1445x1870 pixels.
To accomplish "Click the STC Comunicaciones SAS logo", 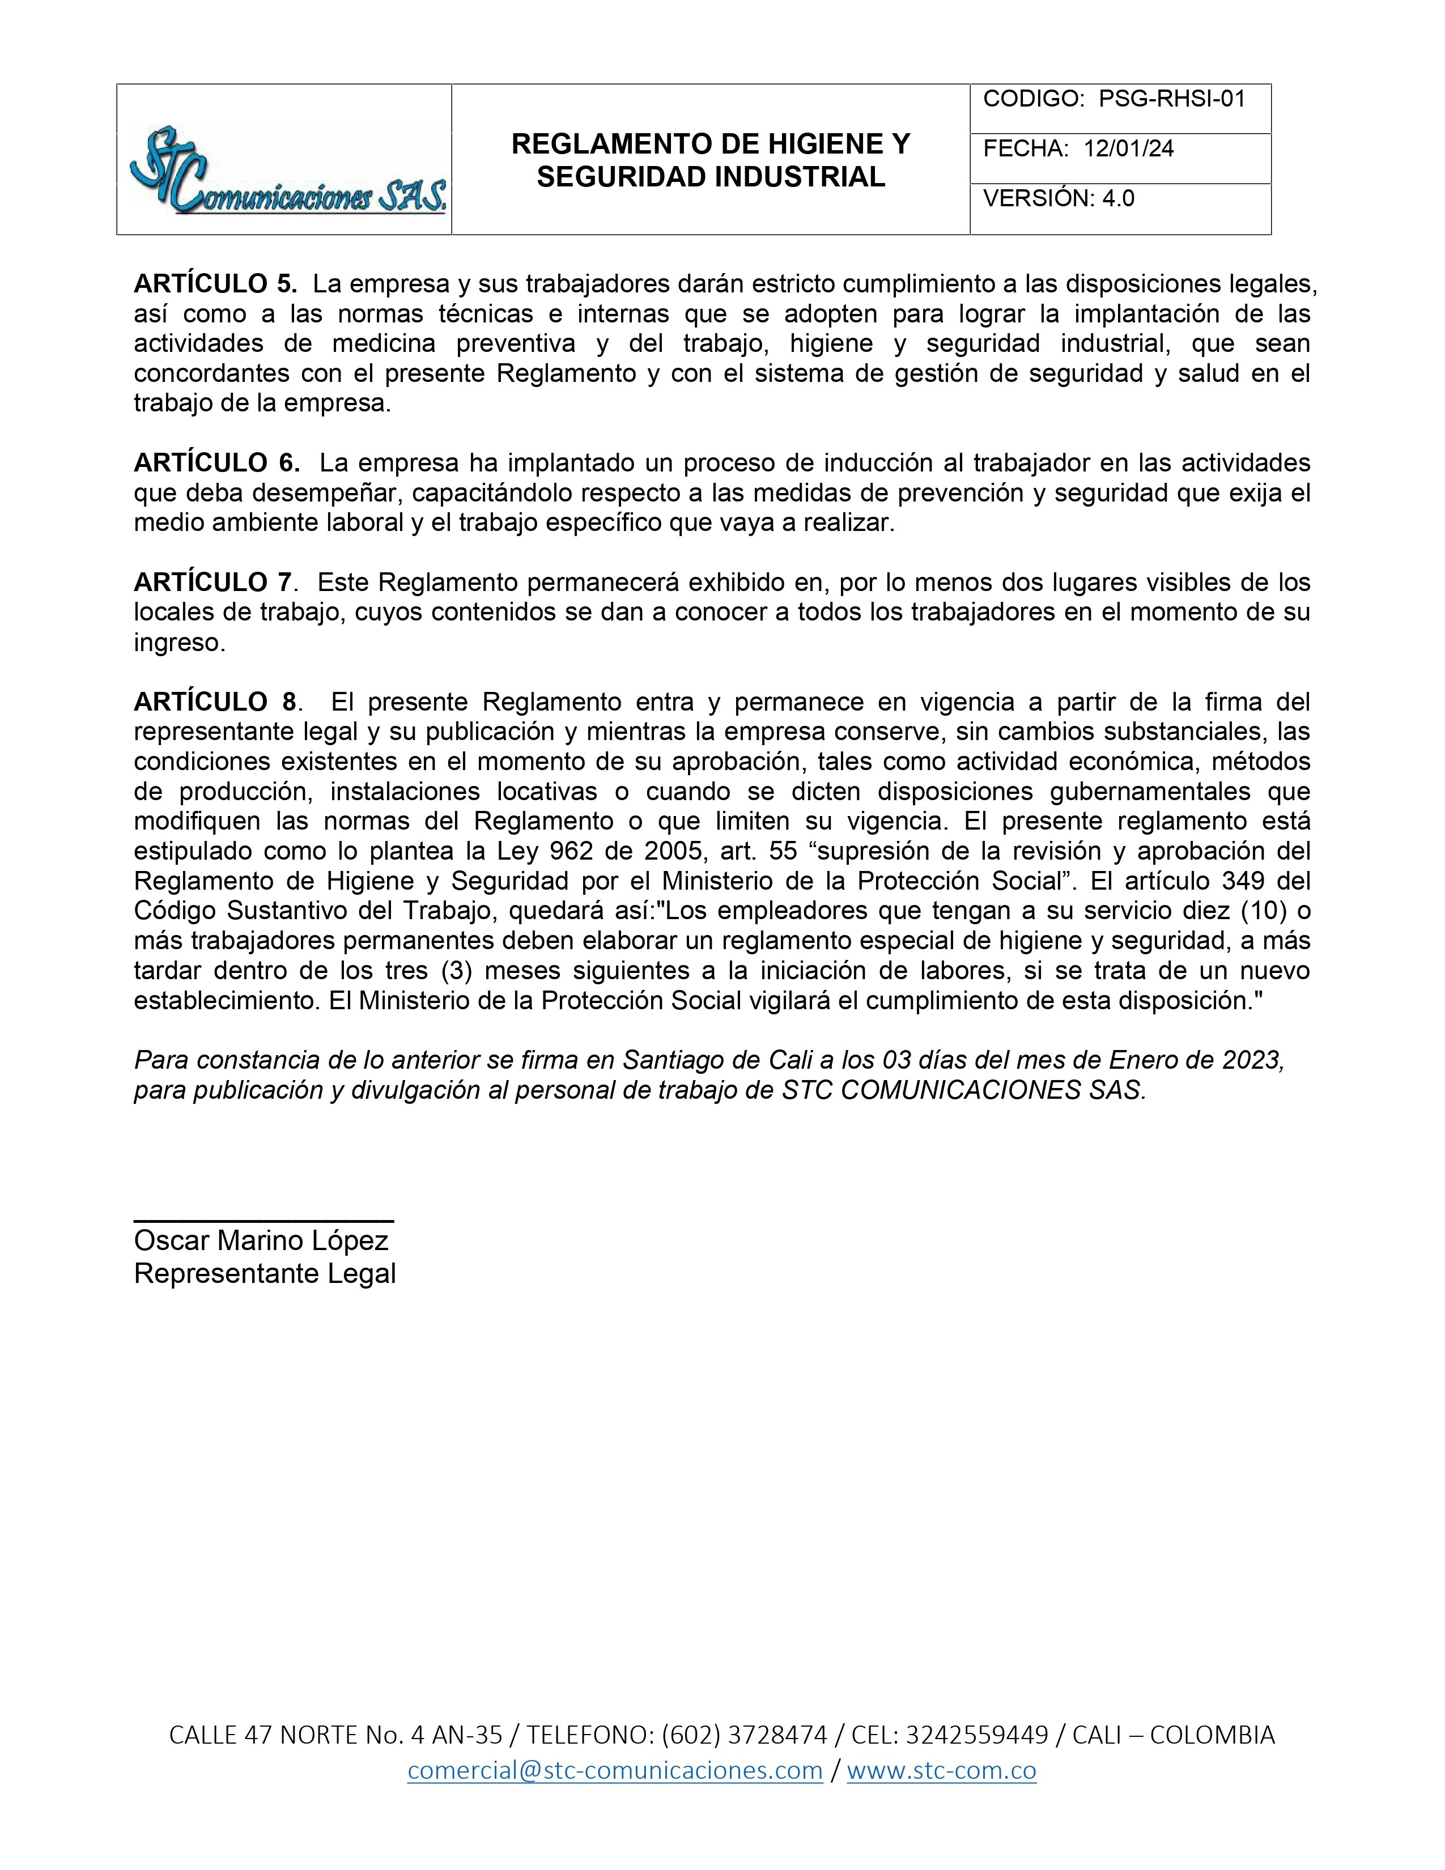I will (287, 171).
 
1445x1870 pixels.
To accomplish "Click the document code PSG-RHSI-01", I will (1171, 99).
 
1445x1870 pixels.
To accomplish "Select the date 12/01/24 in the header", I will (1128, 149).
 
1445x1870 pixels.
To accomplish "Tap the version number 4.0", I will (1118, 199).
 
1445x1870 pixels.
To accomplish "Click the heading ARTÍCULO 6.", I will (216, 463).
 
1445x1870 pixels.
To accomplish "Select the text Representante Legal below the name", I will (265, 1273).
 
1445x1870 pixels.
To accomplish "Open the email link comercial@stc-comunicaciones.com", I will (615, 1771).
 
